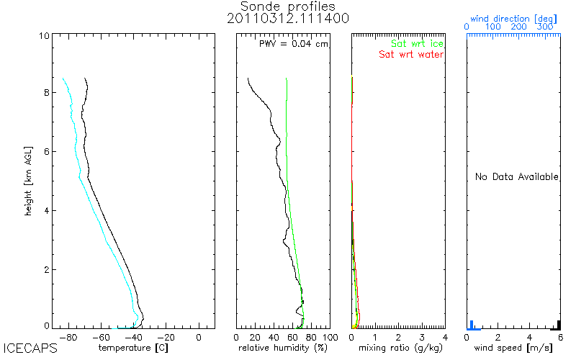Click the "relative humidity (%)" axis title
tap(283, 348)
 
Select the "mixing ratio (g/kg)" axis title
tap(398, 348)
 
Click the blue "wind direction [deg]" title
tap(513, 17)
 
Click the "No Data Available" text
tap(516, 177)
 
